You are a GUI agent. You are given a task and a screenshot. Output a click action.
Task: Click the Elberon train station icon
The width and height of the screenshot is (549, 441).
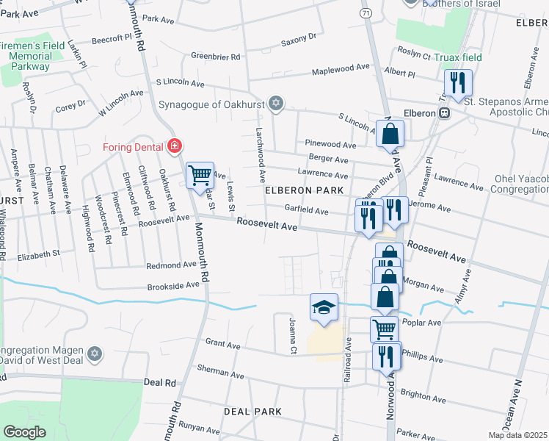(x=444, y=113)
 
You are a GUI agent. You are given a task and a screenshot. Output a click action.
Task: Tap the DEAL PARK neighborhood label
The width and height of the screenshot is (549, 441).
(x=253, y=411)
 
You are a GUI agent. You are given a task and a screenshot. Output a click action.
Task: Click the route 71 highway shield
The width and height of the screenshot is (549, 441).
(x=366, y=13)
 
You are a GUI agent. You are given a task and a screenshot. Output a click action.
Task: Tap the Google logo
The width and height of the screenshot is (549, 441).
(x=24, y=431)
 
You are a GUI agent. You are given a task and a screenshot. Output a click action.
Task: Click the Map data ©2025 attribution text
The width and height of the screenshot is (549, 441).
(x=517, y=435)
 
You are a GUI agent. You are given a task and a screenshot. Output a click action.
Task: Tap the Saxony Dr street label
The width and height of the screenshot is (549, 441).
(x=298, y=36)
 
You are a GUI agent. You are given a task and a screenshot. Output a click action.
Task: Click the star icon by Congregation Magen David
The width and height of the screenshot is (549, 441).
(x=93, y=355)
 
